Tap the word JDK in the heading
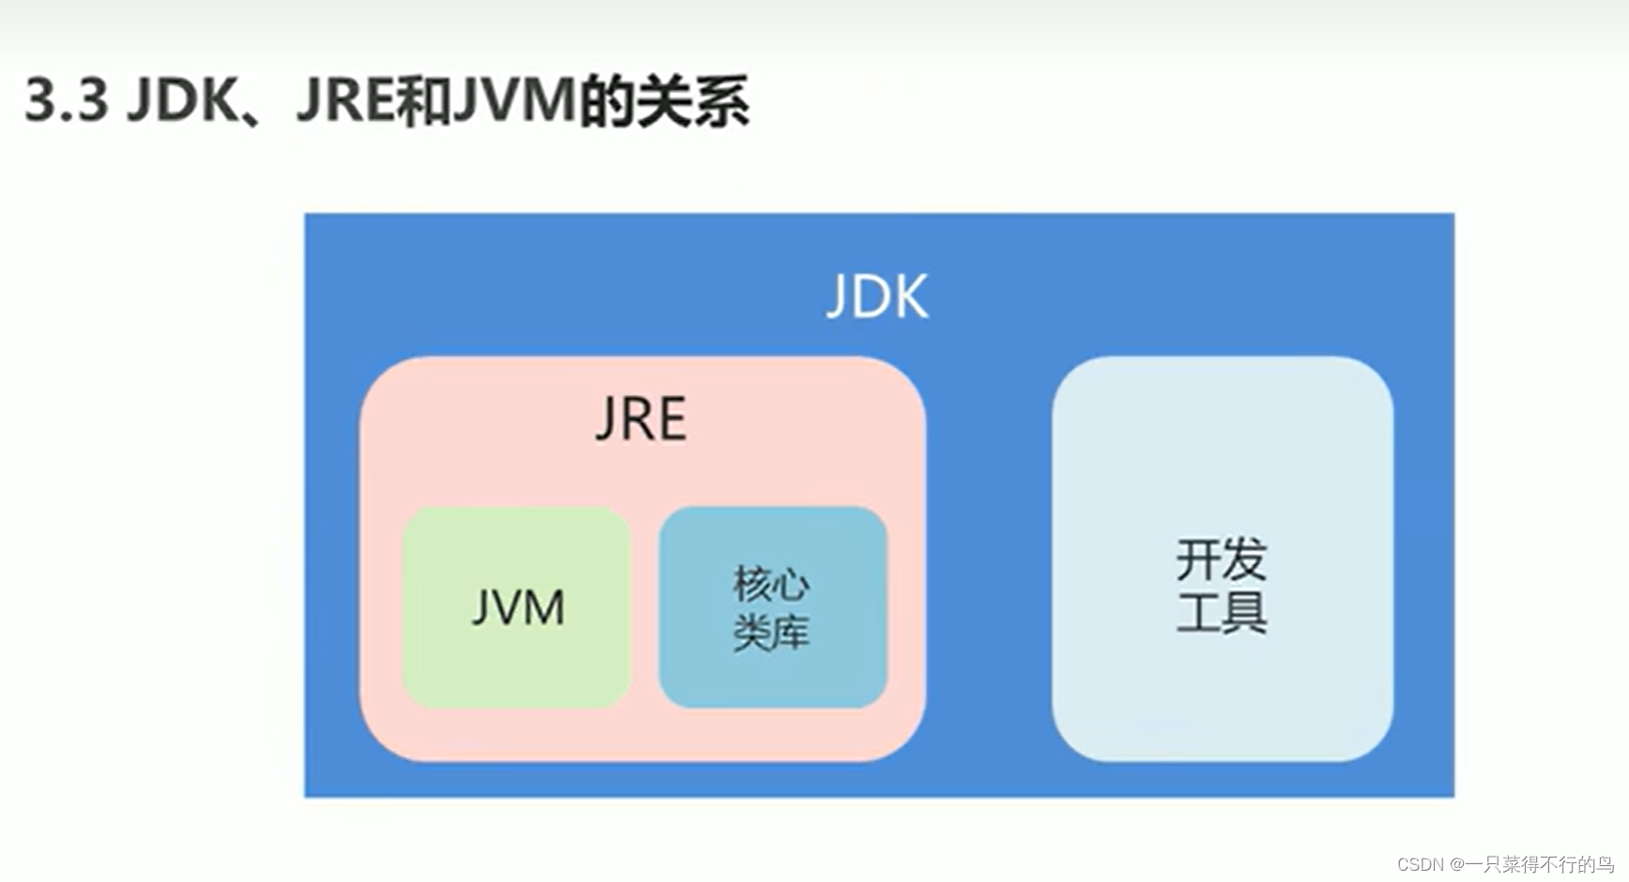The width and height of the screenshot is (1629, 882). (183, 100)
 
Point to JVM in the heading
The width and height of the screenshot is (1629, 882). (514, 100)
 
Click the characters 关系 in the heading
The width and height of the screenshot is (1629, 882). (693, 100)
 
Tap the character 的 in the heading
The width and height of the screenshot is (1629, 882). (607, 100)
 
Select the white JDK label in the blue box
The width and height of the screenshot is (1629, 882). (877, 297)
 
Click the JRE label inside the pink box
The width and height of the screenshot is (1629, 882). (641, 418)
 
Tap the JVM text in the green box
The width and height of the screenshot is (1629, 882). (518, 607)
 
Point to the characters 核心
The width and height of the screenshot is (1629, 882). (771, 584)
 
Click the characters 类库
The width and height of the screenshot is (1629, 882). (771, 631)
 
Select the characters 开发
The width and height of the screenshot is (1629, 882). (1222, 559)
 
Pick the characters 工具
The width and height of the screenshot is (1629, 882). (1222, 612)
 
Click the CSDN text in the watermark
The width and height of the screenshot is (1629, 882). (1420, 864)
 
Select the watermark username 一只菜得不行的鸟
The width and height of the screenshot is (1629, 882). (1539, 864)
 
